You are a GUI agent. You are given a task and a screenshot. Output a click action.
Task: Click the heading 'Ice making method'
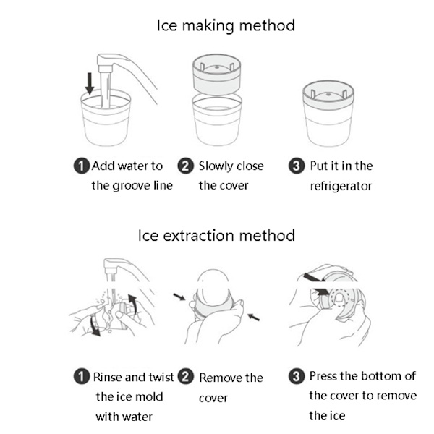click(226, 25)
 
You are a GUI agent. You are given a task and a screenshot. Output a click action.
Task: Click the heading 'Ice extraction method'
click(216, 236)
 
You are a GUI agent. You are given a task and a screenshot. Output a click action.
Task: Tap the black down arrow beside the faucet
click(90, 82)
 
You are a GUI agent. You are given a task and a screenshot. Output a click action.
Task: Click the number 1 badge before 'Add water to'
click(82, 166)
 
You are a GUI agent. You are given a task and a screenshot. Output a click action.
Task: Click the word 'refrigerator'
click(341, 186)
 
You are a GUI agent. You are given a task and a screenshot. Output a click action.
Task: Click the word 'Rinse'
click(109, 378)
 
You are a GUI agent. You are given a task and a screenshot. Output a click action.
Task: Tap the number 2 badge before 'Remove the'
click(186, 377)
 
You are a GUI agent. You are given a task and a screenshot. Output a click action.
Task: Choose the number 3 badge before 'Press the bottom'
click(297, 376)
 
